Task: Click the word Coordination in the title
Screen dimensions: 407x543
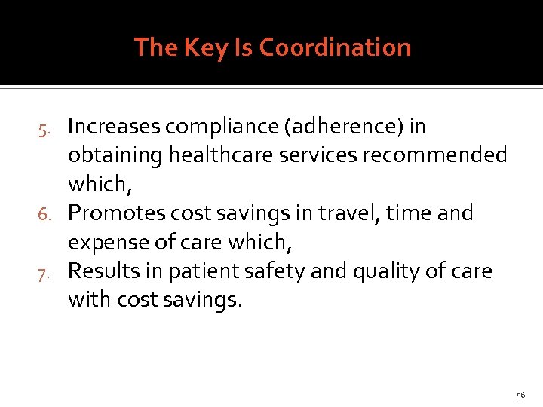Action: [x=335, y=47]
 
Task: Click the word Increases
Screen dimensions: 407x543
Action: [x=114, y=127]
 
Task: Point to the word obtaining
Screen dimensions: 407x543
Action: [x=115, y=156]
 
